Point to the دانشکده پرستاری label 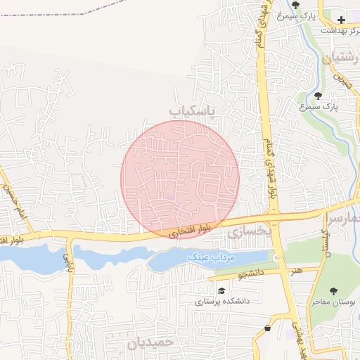click(222, 300)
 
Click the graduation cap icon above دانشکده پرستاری click(221, 290)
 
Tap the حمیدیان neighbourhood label click(151, 344)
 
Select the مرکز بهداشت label click(340, 30)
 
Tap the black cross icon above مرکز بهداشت click(341, 20)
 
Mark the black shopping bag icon click(267, 328)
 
